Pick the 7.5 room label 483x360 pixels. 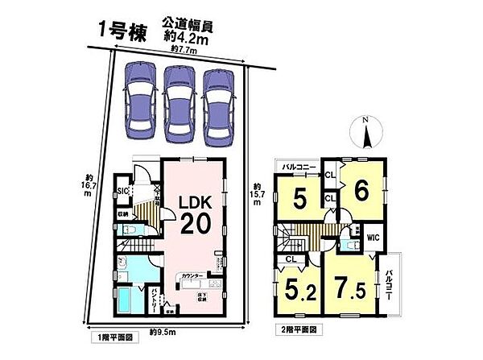click(345, 288)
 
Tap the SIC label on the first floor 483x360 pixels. click(123, 191)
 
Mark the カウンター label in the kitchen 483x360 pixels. click(193, 275)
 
